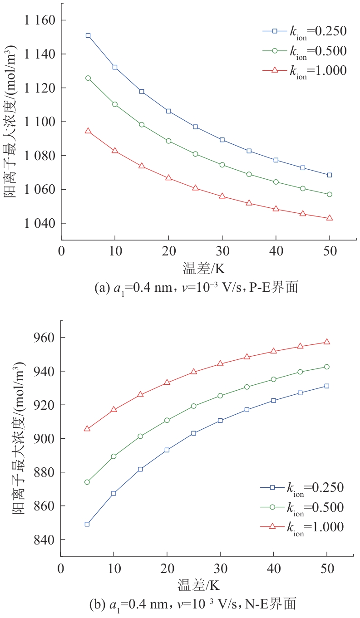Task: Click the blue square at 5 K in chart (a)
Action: point(88,35)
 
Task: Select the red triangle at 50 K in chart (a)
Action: point(329,218)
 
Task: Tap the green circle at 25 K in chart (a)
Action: point(195,154)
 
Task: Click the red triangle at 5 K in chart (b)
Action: point(87,429)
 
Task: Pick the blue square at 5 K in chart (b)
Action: point(87,524)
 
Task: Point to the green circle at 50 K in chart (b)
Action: point(326,367)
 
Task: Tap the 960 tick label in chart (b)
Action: point(44,338)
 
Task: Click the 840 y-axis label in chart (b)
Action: point(44,540)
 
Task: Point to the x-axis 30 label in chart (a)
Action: point(222,251)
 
